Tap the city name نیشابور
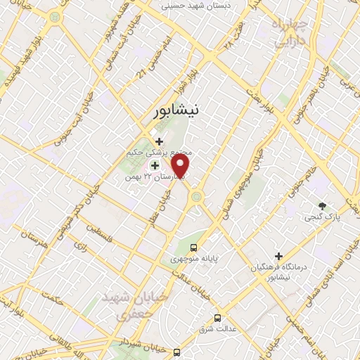coord(181,110)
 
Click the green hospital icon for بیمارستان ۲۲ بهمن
coord(155,165)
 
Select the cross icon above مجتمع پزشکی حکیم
coord(159,141)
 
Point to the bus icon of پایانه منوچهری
coord(193,247)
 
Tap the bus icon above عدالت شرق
coord(218,318)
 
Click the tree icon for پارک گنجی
coord(323,206)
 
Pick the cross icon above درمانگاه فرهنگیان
coord(279,257)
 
